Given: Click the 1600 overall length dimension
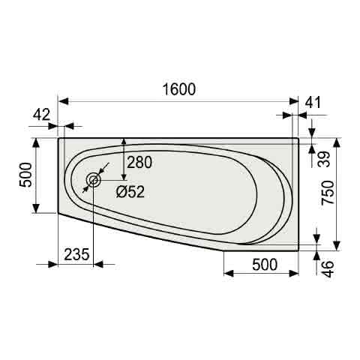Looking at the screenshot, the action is click(x=179, y=89).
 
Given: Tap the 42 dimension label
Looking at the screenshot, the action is click(x=42, y=115).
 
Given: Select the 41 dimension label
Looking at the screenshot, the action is click(x=313, y=103).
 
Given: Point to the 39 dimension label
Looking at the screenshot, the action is click(x=325, y=159).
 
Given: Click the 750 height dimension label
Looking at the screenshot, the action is click(x=328, y=193).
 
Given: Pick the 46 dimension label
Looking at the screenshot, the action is click(x=328, y=269).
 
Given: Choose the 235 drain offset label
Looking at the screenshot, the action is click(x=76, y=254).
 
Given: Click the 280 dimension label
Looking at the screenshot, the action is click(x=139, y=163).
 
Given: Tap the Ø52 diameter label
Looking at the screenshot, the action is click(x=130, y=192).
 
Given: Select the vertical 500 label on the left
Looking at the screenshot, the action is click(x=26, y=175).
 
